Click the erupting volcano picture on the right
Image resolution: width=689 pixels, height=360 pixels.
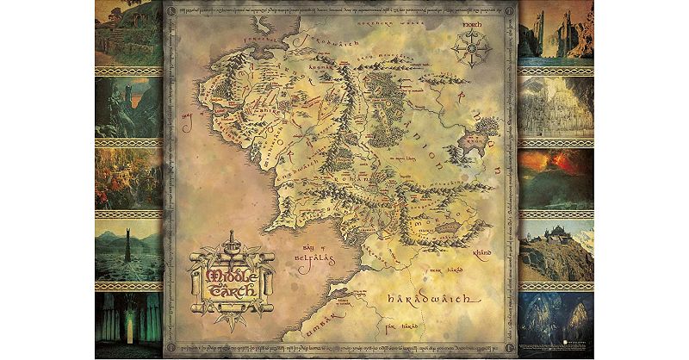[x=556, y=179]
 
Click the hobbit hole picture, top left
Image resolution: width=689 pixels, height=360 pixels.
[x=128, y=33]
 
